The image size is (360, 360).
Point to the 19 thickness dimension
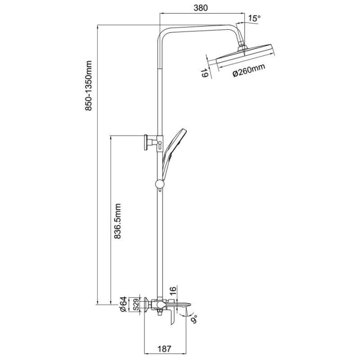click(205, 74)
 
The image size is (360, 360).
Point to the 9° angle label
click(194, 318)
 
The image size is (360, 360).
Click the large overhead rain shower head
click(243, 56)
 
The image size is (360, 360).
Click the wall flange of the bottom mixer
click(146, 304)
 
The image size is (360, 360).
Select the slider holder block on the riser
click(158, 141)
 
